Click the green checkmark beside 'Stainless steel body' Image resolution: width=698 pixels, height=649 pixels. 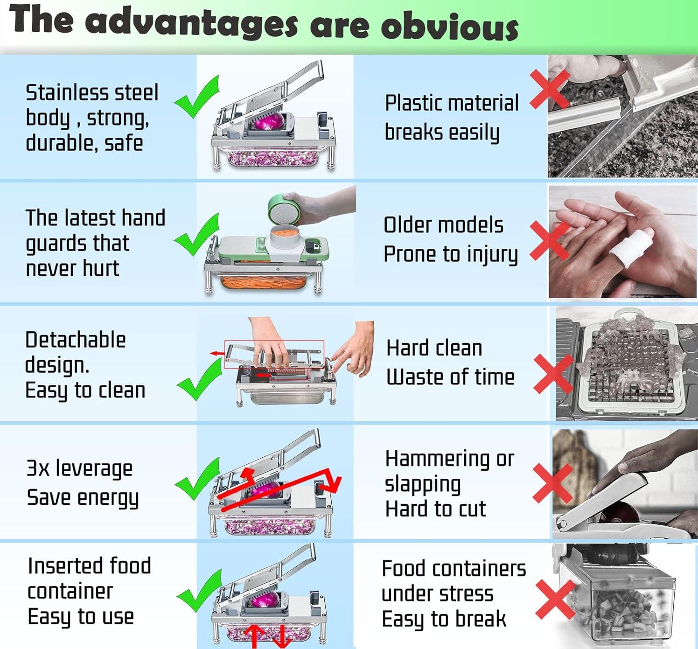[x=197, y=97]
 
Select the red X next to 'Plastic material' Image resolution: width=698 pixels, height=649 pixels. [x=550, y=89]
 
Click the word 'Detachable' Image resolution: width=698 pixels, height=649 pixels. [x=75, y=340]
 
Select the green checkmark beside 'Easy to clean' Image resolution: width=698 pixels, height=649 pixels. [x=199, y=379]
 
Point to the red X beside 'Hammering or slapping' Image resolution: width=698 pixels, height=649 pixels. [x=553, y=483]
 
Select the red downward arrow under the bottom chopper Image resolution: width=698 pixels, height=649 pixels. [x=282, y=637]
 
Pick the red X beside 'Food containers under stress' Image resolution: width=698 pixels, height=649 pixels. [x=555, y=600]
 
